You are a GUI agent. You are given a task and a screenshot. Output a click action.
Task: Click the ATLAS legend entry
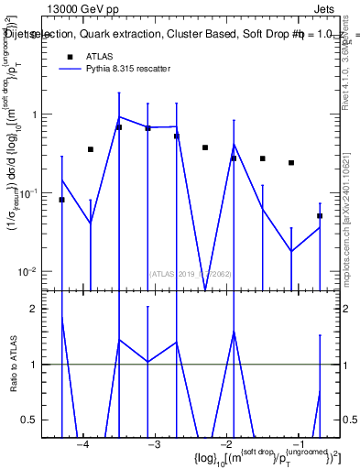pos(100,56)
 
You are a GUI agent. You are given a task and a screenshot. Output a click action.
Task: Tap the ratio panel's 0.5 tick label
pos(37,420)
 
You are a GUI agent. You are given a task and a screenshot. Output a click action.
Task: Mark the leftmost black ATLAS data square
pos(61,200)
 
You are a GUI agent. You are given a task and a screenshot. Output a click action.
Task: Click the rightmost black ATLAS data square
pos(320,216)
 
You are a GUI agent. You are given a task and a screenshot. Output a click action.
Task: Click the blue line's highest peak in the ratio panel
pos(61,317)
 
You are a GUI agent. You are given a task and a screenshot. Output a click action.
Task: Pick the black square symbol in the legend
pos(68,56)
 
